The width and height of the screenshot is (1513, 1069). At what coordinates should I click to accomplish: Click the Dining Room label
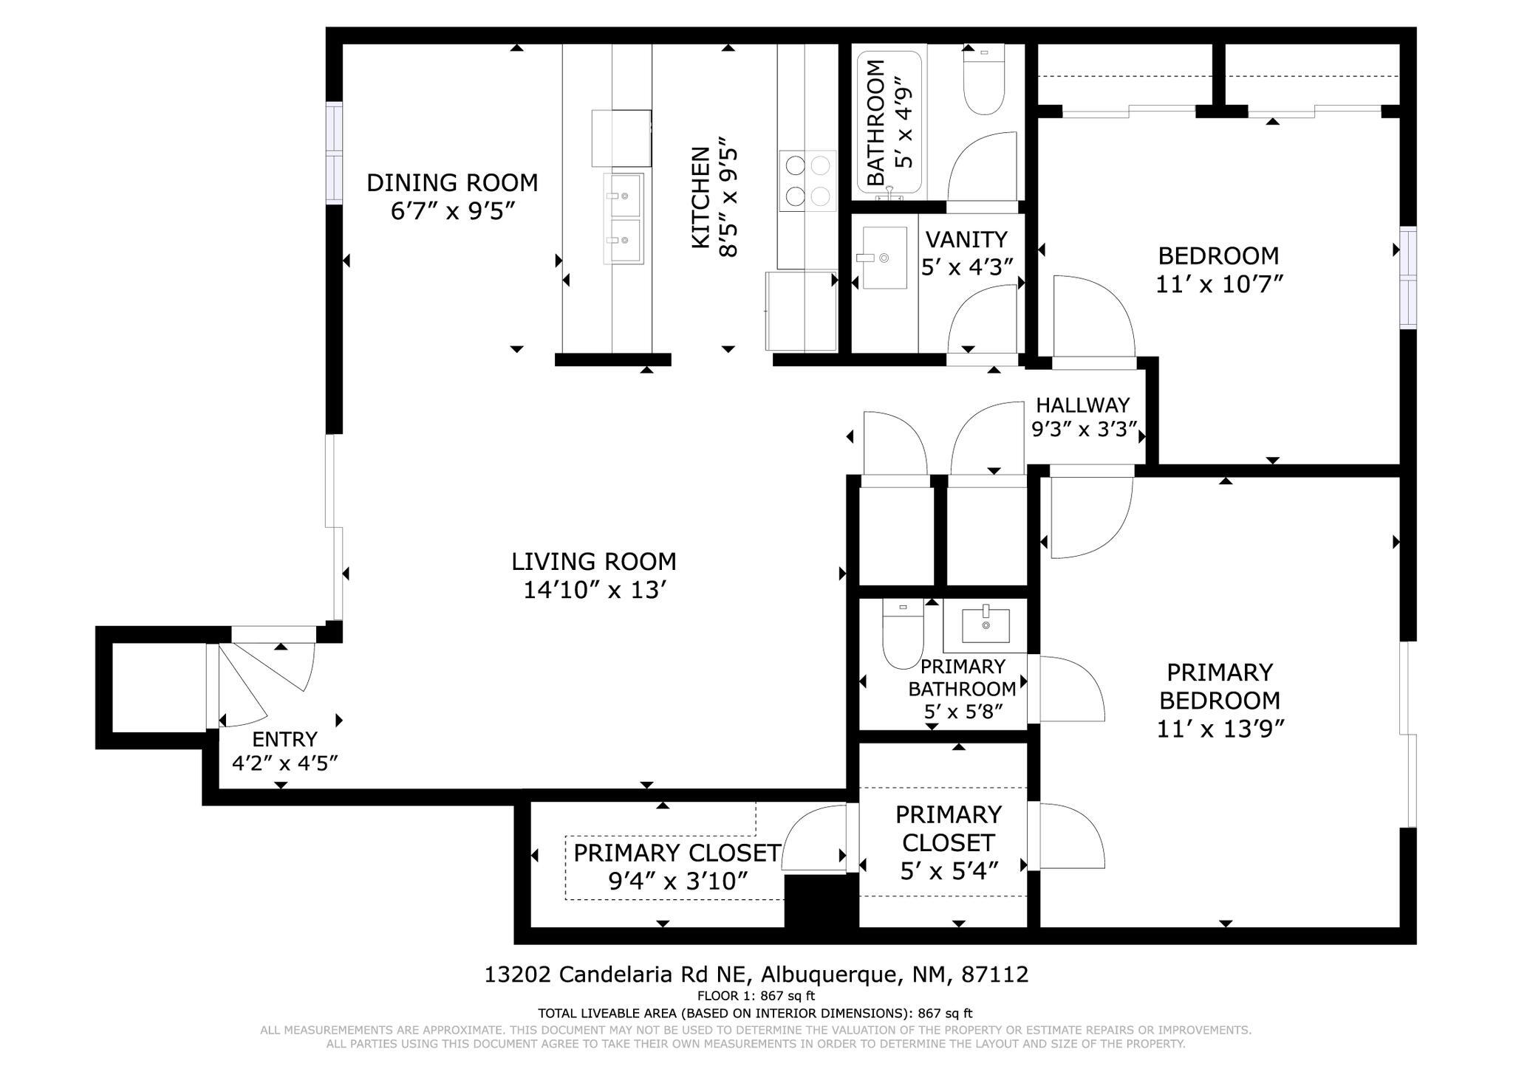pyautogui.click(x=452, y=182)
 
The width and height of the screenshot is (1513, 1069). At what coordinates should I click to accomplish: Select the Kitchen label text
pyautogui.click(x=700, y=197)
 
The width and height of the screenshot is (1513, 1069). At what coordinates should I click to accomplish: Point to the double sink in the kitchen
pyautogui.click(x=624, y=219)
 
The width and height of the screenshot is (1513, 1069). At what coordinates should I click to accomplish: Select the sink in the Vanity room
pyautogui.click(x=884, y=258)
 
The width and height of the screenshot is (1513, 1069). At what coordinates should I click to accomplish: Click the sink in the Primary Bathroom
pyautogui.click(x=986, y=625)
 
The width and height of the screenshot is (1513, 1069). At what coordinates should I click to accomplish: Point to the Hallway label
pyautogui.click(x=1082, y=405)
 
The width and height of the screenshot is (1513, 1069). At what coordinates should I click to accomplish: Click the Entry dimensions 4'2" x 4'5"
pyautogui.click(x=285, y=763)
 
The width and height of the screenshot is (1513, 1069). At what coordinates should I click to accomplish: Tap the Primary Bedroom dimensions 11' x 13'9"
pyautogui.click(x=1220, y=729)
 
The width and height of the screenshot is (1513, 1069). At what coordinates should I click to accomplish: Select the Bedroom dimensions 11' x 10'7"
pyautogui.click(x=1218, y=283)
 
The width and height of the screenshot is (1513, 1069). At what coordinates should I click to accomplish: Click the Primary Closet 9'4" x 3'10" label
pyautogui.click(x=677, y=867)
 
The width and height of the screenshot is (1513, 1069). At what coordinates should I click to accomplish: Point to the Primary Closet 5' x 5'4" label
pyautogui.click(x=949, y=842)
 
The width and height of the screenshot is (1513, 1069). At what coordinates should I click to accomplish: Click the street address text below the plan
pyautogui.click(x=756, y=975)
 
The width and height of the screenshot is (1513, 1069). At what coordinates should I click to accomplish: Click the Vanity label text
pyautogui.click(x=966, y=239)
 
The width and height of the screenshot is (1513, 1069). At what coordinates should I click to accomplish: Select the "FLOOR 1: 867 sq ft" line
pyautogui.click(x=756, y=996)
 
